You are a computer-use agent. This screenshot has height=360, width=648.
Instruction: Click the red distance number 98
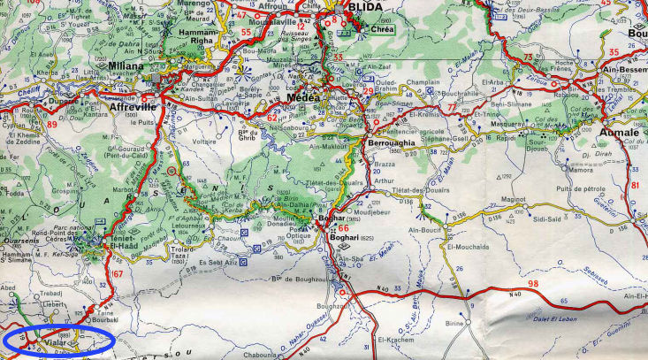coord(531,284)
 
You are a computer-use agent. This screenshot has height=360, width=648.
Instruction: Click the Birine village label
coord(454,324)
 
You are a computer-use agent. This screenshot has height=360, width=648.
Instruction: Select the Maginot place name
coord(514,200)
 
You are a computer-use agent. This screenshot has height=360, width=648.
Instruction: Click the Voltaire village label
coord(205,140)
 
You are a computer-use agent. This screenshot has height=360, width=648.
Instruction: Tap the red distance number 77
coord(453,108)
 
